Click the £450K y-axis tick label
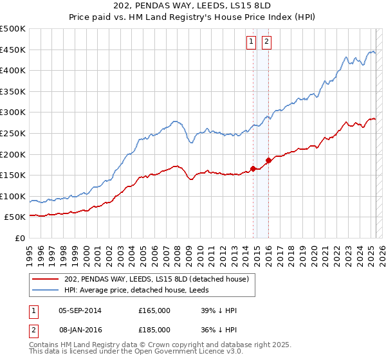coord(13,50)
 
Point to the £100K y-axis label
coord(13,196)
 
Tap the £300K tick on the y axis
coord(13,113)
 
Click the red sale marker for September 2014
coord(253,169)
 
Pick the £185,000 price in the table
coord(154,329)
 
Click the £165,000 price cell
coord(154,310)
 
